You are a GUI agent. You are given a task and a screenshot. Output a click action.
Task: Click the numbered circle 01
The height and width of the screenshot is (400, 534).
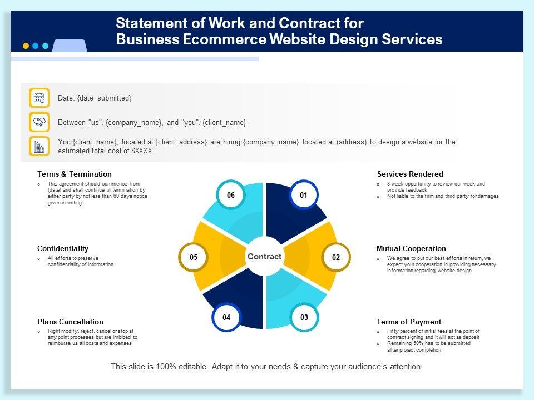coord(304,195)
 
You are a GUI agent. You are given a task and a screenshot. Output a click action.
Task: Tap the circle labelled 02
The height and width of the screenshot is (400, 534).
coord(336,257)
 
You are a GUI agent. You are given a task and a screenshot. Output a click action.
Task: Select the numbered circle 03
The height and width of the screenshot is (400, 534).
coord(304,318)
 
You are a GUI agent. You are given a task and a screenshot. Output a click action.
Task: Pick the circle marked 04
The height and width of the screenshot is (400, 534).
coord(226,318)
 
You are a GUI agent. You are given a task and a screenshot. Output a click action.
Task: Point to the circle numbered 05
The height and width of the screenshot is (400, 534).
coord(194,257)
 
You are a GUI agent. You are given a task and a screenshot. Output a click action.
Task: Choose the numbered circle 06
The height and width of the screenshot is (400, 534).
coord(230,195)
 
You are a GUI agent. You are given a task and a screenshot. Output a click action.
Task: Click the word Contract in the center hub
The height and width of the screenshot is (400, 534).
coord(265,257)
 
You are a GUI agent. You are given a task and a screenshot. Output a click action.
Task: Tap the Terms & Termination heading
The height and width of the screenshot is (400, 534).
coord(75,174)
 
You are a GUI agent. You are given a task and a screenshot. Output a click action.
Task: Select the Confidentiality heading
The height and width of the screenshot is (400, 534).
coord(63,248)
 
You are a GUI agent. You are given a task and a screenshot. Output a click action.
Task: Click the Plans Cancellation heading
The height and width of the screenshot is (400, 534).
coord(70,322)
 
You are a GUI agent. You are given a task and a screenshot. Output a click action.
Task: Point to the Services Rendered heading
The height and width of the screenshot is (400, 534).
coord(410,174)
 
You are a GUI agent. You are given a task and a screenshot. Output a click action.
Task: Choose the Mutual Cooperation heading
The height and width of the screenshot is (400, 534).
coord(411,248)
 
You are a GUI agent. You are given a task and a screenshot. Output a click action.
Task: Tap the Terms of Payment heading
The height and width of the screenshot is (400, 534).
coord(409,322)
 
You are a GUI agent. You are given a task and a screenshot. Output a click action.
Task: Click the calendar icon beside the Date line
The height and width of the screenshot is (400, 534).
coord(39,98)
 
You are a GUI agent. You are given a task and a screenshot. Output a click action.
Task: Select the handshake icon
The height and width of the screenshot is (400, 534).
coord(39,122)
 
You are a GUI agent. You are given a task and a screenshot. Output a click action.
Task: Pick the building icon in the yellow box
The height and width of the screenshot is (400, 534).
coord(39,147)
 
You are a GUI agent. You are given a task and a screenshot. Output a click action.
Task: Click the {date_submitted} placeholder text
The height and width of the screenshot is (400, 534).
coord(105,98)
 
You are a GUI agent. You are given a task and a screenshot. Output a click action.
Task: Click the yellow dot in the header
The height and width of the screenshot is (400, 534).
coord(26,46)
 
